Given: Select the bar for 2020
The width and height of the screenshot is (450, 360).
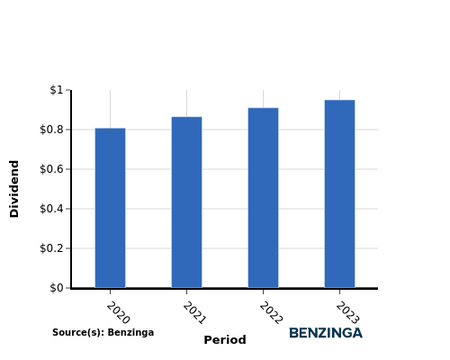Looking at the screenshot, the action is point(110,208).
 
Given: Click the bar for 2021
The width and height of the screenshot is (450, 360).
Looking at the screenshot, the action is point(186,202).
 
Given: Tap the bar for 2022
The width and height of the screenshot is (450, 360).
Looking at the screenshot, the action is point(263,198).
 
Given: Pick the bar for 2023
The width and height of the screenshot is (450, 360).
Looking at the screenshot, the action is point(339,193).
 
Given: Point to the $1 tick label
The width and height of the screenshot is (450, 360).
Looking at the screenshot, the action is point(57,90).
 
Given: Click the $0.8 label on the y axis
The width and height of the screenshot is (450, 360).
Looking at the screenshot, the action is point(51,130).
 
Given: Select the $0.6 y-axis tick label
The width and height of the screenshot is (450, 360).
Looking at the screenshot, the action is point(51,169).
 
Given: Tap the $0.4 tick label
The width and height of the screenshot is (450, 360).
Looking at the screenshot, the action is point(51,209).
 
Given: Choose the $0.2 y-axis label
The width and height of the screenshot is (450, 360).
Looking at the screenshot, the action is point(51,248).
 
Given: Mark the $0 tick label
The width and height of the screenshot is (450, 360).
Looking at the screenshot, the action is point(57,288).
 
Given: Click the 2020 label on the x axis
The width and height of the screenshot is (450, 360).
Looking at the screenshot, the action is point(118,312).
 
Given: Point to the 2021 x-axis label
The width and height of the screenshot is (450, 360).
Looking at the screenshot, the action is point(194,312).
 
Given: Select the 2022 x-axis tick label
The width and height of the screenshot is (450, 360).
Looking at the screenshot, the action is point(271,312).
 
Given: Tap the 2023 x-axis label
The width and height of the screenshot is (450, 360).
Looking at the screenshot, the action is point(347,312).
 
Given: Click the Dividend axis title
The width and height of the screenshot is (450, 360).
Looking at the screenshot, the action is point(14,189).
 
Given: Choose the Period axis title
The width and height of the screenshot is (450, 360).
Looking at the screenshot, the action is point(225,340).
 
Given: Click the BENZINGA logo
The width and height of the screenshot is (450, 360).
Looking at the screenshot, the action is point(326,333).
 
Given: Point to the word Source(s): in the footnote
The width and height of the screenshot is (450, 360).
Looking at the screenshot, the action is point(78,332).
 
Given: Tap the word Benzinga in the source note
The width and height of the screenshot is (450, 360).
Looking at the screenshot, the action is point(130,332).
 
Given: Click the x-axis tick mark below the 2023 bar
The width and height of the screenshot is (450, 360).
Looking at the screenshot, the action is point(339,292).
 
